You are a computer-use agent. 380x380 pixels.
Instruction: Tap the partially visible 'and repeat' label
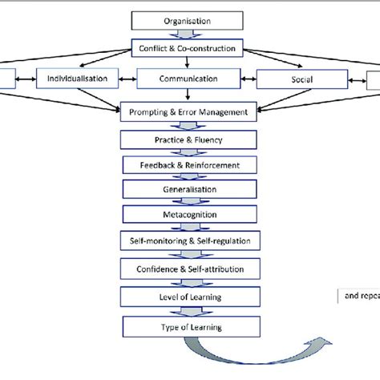click(361, 295)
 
